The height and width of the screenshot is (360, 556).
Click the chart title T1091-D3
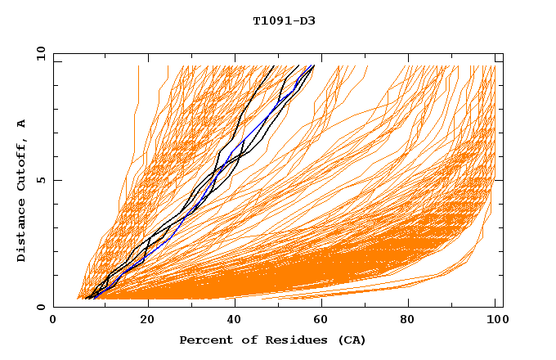284,21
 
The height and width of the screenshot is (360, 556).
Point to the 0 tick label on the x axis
53,321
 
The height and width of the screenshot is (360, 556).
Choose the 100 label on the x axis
495,321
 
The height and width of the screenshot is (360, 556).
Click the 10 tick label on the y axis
39,54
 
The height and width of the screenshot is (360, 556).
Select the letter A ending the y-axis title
22,123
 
